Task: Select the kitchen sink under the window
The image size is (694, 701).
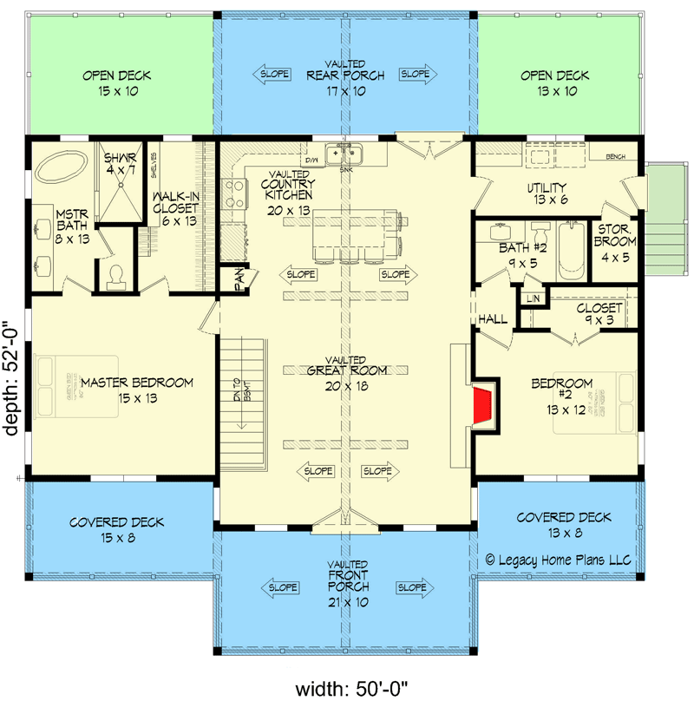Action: (x=344, y=155)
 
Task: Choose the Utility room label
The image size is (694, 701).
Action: (x=547, y=193)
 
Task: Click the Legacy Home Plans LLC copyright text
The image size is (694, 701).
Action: (x=560, y=560)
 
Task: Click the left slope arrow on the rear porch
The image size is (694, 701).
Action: (x=274, y=75)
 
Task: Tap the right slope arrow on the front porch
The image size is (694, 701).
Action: (x=412, y=587)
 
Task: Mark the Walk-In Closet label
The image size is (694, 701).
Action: (x=176, y=208)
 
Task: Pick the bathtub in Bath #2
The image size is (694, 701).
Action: (x=571, y=250)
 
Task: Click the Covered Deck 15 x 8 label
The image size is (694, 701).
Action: (x=116, y=529)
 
